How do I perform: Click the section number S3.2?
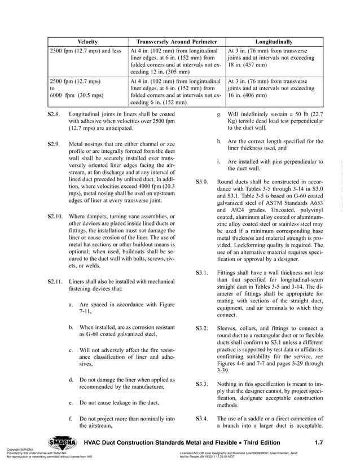click(202, 328)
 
